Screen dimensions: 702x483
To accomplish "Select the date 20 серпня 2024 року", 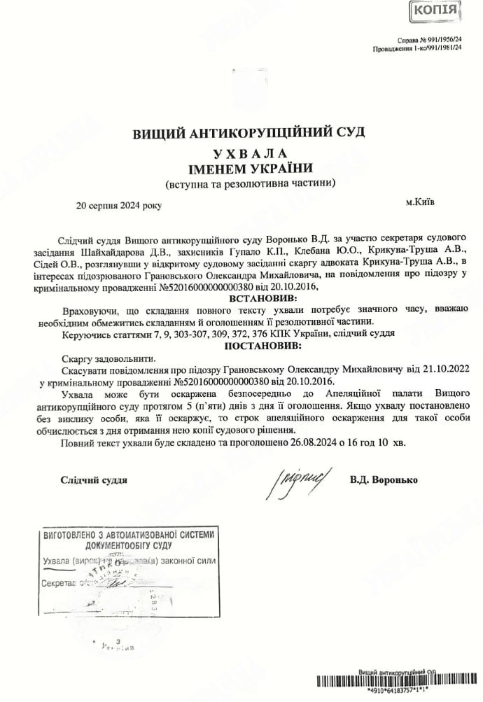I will (119, 206).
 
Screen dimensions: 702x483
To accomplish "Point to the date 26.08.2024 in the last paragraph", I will (303, 442).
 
